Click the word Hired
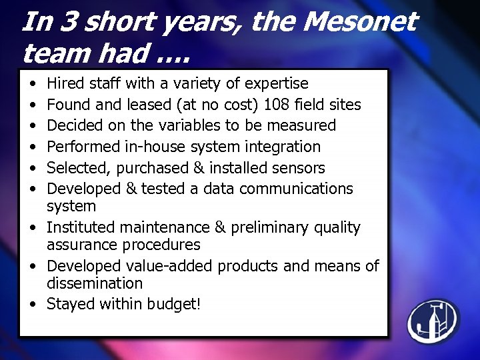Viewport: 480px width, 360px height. click(x=66, y=83)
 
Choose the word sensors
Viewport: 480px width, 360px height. click(x=301, y=167)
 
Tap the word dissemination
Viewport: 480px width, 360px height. click(x=95, y=283)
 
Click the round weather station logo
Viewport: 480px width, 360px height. click(x=433, y=321)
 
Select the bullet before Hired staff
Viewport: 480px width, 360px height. click(x=33, y=84)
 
